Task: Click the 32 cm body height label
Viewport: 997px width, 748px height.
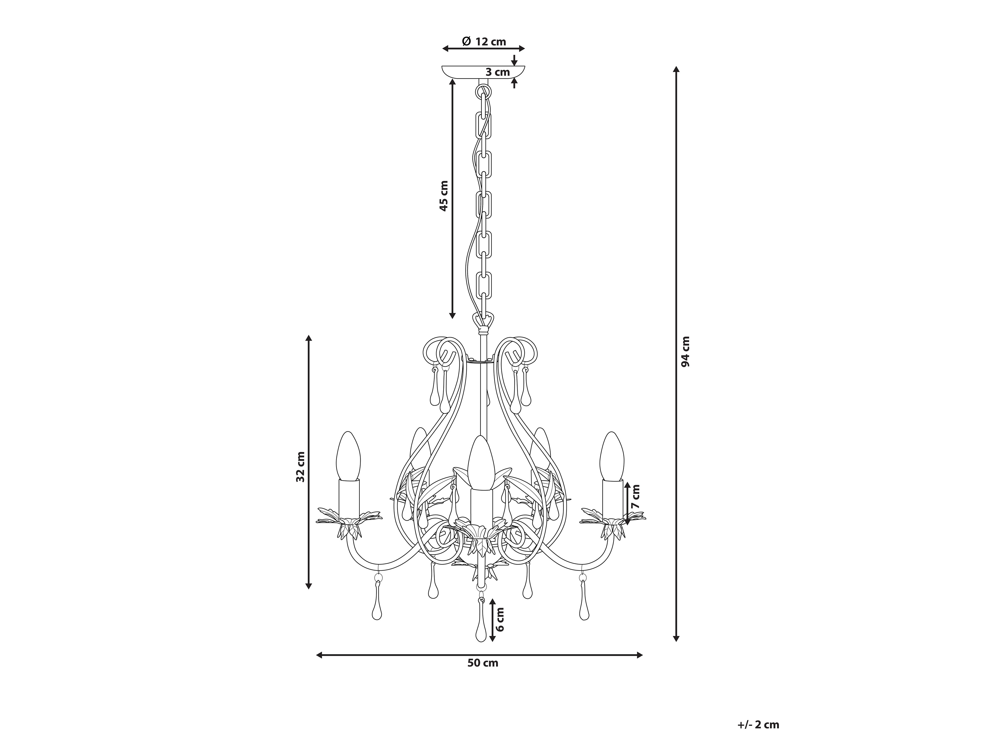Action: pos(300,467)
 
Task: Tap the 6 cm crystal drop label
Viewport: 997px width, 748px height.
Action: pos(500,619)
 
